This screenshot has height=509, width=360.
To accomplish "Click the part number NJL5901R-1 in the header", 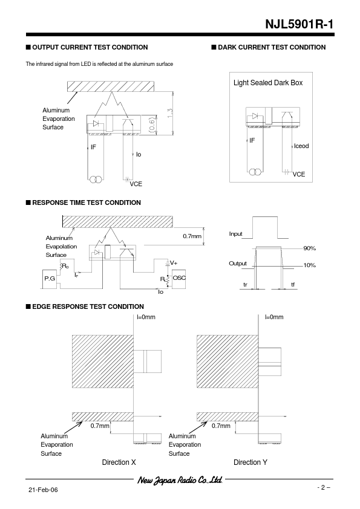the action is point(299,24).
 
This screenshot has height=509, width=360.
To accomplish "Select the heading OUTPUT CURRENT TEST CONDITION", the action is point(90,47).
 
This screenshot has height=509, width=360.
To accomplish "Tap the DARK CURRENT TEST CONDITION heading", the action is point(272,47).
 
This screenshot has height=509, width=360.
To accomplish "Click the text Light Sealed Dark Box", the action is point(268,83).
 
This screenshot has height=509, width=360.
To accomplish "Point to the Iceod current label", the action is point(301,146).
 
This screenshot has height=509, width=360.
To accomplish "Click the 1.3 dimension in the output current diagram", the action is point(170,113).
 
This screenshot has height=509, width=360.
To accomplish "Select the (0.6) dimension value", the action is point(152,125).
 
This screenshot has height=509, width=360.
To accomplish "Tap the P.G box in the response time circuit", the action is point(50,279).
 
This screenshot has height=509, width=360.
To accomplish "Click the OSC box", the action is point(179,279).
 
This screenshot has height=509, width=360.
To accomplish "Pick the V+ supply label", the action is point(174,263).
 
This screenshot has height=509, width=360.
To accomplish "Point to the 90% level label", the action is point(309,248).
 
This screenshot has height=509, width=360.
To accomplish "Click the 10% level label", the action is point(309,265).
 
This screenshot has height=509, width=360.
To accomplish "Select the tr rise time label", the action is point(245,285).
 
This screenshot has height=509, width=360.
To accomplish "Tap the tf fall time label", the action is point(293,285).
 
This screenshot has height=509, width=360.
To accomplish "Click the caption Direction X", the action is point(119,462).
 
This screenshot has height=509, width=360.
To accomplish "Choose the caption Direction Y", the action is point(250,462).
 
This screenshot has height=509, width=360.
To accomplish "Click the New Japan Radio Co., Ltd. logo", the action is point(180,480).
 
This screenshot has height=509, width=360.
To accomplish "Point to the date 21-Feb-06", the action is point(43,490).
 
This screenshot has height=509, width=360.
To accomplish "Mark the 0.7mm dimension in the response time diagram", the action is point(192,236).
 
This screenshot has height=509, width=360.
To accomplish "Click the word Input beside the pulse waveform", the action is point(235,234).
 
